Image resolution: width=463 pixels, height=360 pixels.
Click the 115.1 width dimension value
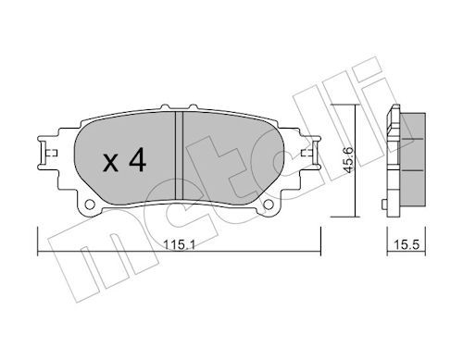click(x=179, y=245)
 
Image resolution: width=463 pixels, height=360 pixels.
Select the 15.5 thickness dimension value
click(x=407, y=245)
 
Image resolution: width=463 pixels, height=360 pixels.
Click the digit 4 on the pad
click(x=137, y=159)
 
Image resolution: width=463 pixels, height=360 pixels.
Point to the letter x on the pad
click(x=110, y=163)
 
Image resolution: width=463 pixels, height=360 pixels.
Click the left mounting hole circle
click(x=90, y=205)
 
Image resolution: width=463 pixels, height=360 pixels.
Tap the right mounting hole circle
click(x=269, y=205)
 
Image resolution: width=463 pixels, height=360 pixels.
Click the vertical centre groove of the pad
click(x=179, y=155)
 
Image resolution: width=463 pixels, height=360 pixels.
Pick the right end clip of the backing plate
click(x=312, y=153)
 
